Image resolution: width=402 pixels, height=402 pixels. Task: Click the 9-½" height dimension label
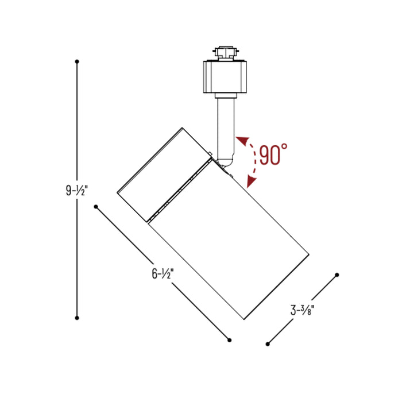[76, 190]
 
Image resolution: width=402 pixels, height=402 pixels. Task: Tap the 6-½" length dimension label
[163, 274]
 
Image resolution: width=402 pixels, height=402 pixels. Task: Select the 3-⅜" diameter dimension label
[303, 311]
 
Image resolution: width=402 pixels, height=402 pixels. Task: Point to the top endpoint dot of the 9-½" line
[77, 61]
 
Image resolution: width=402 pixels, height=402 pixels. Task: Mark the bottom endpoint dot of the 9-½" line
[77, 317]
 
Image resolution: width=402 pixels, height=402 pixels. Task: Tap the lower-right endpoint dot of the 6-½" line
[229, 340]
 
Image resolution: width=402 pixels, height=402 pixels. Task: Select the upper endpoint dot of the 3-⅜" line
[338, 275]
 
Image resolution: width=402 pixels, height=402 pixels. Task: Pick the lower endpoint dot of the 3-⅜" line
[268, 344]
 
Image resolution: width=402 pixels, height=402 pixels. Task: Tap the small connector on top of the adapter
[225, 52]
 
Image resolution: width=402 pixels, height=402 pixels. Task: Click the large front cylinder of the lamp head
[230, 241]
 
